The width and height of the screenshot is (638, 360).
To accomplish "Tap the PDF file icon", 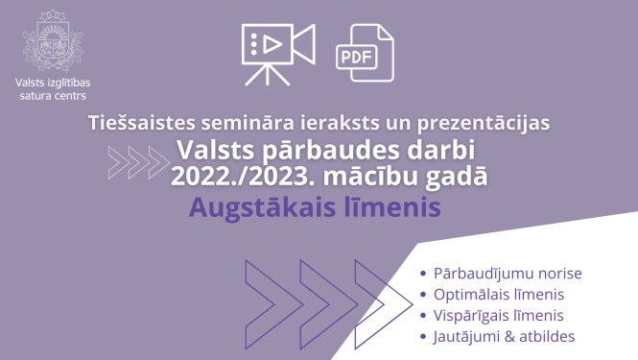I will point(364,54).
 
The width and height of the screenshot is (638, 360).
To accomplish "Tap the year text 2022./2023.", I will point(230,177).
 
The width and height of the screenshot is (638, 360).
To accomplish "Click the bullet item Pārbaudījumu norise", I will point(508,273).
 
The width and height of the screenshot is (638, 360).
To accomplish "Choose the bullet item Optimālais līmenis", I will point(499,294).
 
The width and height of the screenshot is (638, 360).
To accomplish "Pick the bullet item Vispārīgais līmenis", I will point(498,315).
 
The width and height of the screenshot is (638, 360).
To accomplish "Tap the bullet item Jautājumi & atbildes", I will point(504,336).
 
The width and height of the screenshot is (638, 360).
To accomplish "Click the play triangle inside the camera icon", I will point(271,43).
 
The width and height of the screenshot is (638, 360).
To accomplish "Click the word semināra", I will point(243,124).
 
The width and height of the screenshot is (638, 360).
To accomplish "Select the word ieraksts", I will point(329,124).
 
